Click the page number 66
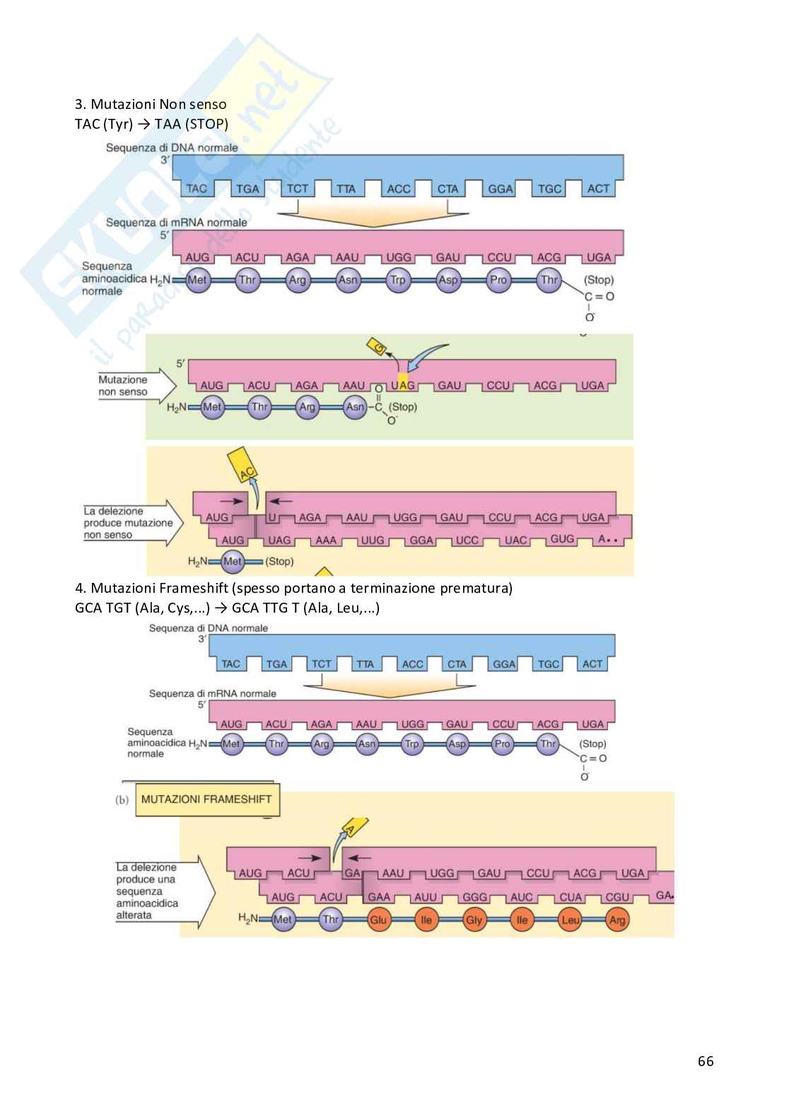(705, 1060)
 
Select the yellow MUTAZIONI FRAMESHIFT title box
(206, 799)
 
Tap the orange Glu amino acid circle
(378, 920)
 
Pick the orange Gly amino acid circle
(474, 920)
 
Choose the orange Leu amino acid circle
(570, 920)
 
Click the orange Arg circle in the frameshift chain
(616, 920)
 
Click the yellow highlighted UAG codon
(403, 386)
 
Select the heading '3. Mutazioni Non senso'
(151, 105)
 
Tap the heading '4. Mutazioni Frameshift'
(293, 588)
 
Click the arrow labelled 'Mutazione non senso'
(134, 386)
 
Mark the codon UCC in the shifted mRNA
(467, 540)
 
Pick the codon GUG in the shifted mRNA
(562, 539)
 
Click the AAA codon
(326, 540)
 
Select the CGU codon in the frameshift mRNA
(617, 897)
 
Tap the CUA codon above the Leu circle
(570, 897)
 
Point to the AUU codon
(426, 897)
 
